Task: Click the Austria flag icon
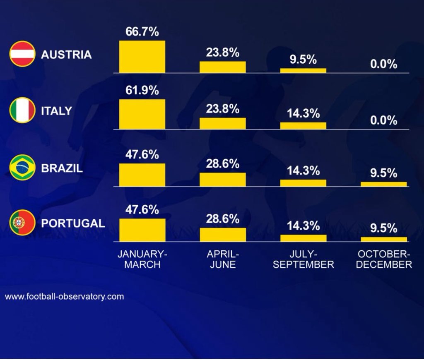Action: [22, 55]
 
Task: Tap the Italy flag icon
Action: [22, 111]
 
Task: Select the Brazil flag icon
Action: [22, 168]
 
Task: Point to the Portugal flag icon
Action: [22, 223]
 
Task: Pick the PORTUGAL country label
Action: [73, 223]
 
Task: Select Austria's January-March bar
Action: [142, 57]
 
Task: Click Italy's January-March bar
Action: [142, 114]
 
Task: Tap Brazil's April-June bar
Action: [223, 179]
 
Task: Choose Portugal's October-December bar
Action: [384, 239]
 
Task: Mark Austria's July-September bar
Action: [303, 70]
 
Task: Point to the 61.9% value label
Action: [142, 91]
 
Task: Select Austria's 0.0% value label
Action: [383, 64]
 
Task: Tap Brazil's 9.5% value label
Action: [383, 173]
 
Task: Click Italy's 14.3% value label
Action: [303, 113]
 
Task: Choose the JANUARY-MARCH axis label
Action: [142, 259]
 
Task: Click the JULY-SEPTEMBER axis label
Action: [303, 259]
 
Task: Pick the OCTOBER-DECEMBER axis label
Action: [384, 259]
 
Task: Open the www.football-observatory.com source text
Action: [64, 297]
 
